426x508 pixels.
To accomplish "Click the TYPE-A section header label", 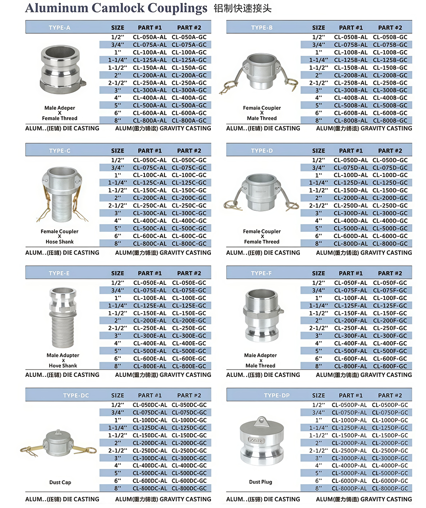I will click(60, 28).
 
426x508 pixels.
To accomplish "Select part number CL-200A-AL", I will click(150, 75).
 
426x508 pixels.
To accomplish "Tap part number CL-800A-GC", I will click(189, 121).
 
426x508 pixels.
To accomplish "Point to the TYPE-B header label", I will click(262, 28).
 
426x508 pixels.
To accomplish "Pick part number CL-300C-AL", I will click(150, 213).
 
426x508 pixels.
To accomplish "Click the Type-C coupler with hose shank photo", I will click(60, 194).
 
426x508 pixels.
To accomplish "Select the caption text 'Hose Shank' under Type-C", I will click(60, 242).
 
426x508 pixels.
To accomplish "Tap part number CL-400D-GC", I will click(390, 221).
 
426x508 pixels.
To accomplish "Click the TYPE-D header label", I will click(262, 151).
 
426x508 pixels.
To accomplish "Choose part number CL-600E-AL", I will click(150, 359).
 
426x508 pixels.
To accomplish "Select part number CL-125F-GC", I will click(390, 305).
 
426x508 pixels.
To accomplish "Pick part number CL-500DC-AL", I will click(150, 473).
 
